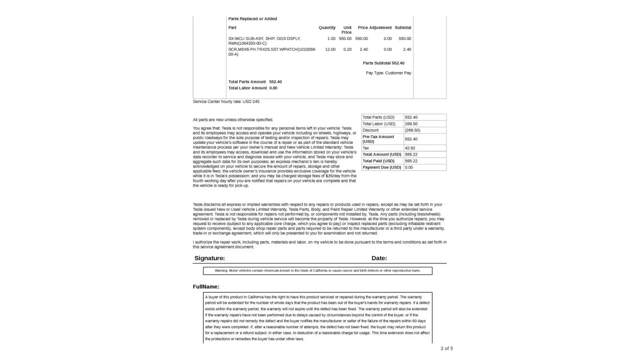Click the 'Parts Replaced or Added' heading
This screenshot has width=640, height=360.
coord(252,19)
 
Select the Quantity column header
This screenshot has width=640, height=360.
coord(327,28)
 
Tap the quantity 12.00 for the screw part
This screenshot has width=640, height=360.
coord(330,49)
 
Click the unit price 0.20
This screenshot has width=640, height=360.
coord(347,49)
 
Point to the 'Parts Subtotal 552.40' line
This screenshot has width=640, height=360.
coord(383,63)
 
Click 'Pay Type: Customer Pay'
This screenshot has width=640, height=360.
coord(388,73)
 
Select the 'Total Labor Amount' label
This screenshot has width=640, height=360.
coord(248,88)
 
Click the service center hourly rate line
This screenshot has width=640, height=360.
coord(226,102)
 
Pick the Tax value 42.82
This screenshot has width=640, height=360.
coord(410,148)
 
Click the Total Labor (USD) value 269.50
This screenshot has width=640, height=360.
coord(411,124)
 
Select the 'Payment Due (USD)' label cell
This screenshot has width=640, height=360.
coord(382,167)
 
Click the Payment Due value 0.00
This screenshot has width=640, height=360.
coord(409,167)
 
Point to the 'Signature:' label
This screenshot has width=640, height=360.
coord(209,258)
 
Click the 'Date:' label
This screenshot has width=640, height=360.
coord(379,258)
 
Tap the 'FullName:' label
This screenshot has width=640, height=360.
coord(206,287)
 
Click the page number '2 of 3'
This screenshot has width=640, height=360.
coord(446,348)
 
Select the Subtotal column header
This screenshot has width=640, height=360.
coord(403,28)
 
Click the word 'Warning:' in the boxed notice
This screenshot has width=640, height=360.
coord(221,271)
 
